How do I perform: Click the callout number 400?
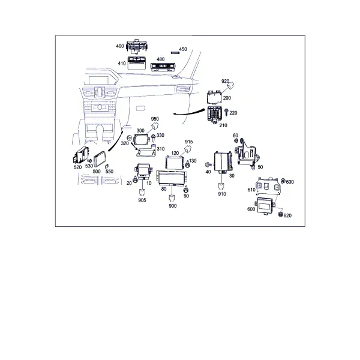[x=120, y=46]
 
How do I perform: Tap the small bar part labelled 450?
[x=175, y=53]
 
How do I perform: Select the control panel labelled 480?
[x=163, y=67]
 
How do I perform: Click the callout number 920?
[x=225, y=81]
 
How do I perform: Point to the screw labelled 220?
[x=226, y=112]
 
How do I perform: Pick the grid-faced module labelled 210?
[x=214, y=115]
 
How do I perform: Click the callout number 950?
[x=155, y=119]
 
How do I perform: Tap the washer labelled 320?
[x=129, y=139]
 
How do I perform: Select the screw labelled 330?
[x=153, y=138]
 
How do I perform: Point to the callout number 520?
[x=77, y=167]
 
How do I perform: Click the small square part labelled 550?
[x=107, y=166]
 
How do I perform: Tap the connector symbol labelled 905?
[x=142, y=192]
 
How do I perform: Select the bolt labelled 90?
[x=186, y=190]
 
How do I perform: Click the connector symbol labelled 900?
[x=172, y=197]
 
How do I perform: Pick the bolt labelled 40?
[x=208, y=164]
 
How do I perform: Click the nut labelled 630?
[x=283, y=181]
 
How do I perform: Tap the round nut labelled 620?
[x=280, y=214]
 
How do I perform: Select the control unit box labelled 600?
[x=265, y=205]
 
